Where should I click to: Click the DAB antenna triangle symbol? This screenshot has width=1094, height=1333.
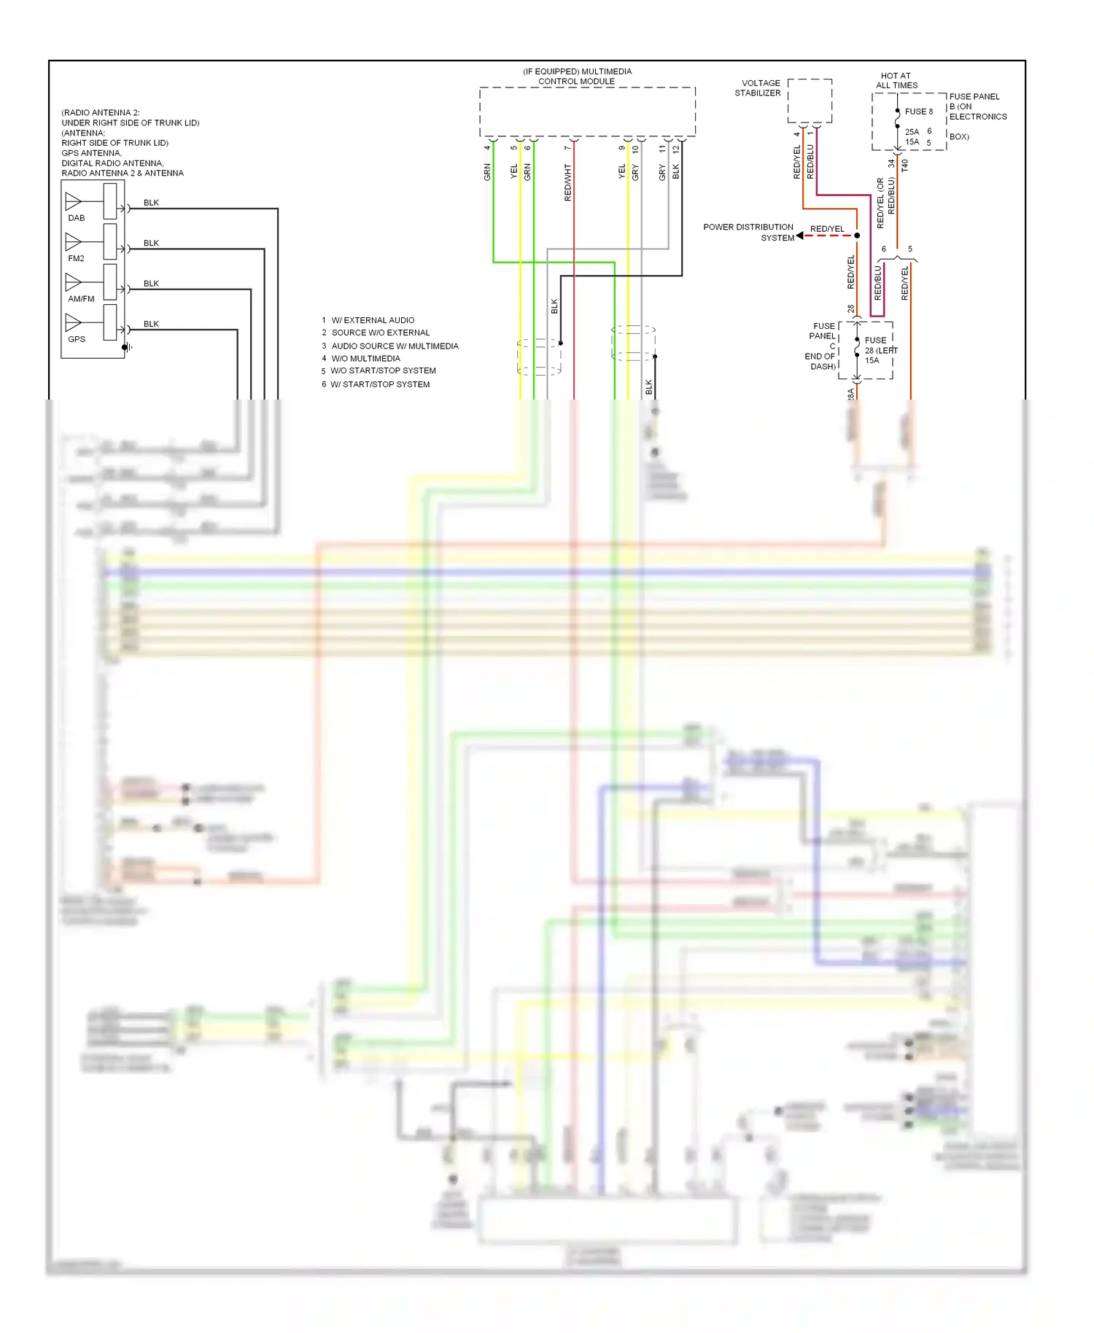73,201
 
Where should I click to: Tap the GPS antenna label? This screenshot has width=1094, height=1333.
77,339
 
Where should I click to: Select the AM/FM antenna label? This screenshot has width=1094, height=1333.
81,299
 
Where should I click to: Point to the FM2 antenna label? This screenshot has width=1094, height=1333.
76,258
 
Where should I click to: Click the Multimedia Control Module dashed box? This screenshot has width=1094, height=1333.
587,112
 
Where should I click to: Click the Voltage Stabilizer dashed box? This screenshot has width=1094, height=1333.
810,101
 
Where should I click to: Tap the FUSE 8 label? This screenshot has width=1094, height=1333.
918,112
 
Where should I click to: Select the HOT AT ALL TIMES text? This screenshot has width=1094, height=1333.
896,80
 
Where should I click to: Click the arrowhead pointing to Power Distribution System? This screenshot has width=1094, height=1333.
800,236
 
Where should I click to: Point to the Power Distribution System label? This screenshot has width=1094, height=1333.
748,232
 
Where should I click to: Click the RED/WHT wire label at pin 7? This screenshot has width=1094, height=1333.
568,182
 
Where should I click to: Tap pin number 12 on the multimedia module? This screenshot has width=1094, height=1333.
676,148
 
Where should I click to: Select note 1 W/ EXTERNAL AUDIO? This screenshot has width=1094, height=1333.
368,320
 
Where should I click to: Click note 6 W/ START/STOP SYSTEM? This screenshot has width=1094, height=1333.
376,384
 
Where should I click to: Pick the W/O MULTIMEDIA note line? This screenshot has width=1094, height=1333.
362,358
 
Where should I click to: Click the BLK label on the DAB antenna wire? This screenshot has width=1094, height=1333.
151,203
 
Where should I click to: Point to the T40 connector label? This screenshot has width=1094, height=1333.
905,166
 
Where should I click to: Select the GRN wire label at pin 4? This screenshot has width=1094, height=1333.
487,172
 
